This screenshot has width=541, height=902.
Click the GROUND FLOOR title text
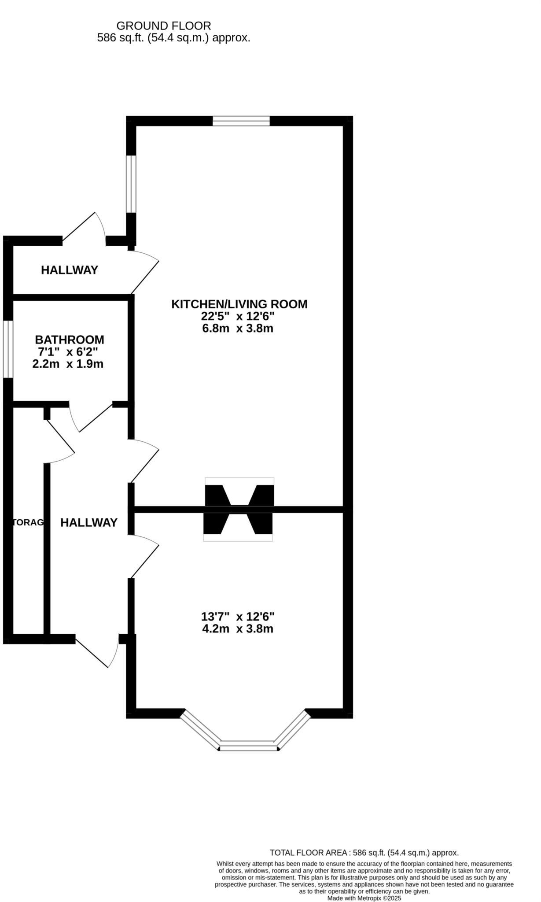tap(163, 26)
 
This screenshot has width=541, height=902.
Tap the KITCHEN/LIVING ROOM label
tap(239, 304)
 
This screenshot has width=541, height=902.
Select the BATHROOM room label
tap(70, 340)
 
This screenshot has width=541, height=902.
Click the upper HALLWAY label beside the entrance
tap(70, 270)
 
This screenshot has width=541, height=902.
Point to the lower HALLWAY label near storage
tap(89, 522)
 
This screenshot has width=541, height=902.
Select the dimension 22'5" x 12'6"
tap(238, 316)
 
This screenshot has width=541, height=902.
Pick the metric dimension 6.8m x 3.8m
tap(238, 329)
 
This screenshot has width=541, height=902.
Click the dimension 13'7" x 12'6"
tap(238, 616)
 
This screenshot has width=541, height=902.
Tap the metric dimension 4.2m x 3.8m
tap(238, 628)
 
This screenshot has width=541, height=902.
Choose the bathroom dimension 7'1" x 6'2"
tap(68, 352)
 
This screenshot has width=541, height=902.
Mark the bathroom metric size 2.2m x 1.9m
tap(68, 364)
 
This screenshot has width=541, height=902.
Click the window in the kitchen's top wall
tap(241, 121)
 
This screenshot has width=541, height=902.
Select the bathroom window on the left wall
tap(8, 349)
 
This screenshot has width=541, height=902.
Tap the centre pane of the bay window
tap(249, 745)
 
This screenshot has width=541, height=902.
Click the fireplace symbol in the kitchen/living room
tap(239, 494)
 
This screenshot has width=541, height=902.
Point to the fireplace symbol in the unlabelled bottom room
tap(238, 525)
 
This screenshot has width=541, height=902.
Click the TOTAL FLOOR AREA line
tap(364, 853)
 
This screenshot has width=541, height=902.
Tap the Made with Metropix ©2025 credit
tap(364, 898)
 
